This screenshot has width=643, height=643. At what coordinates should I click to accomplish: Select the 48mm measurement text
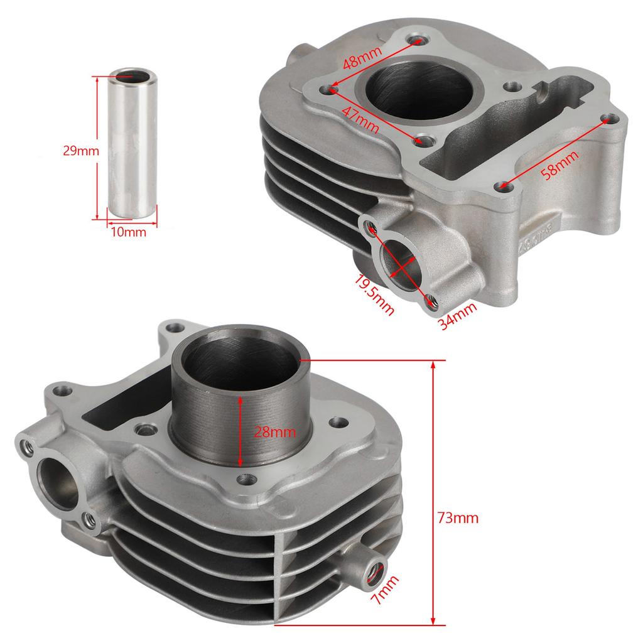click(362, 62)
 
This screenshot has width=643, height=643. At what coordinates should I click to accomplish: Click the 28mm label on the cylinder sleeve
click(274, 432)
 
